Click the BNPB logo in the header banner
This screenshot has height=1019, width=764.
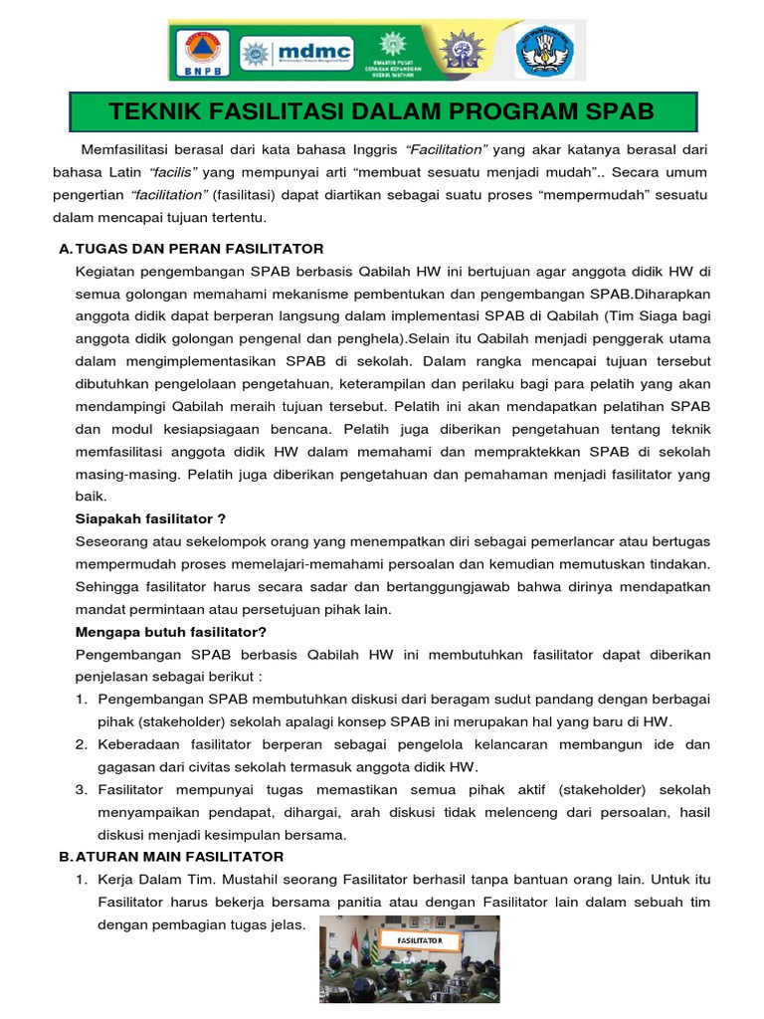[x=203, y=51]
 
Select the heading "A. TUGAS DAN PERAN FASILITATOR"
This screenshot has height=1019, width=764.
[x=191, y=248]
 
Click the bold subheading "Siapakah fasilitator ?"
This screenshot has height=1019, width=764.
[x=151, y=517]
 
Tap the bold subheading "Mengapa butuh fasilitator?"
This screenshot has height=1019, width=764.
[x=171, y=632]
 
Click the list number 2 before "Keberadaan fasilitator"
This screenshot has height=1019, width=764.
[x=82, y=743]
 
